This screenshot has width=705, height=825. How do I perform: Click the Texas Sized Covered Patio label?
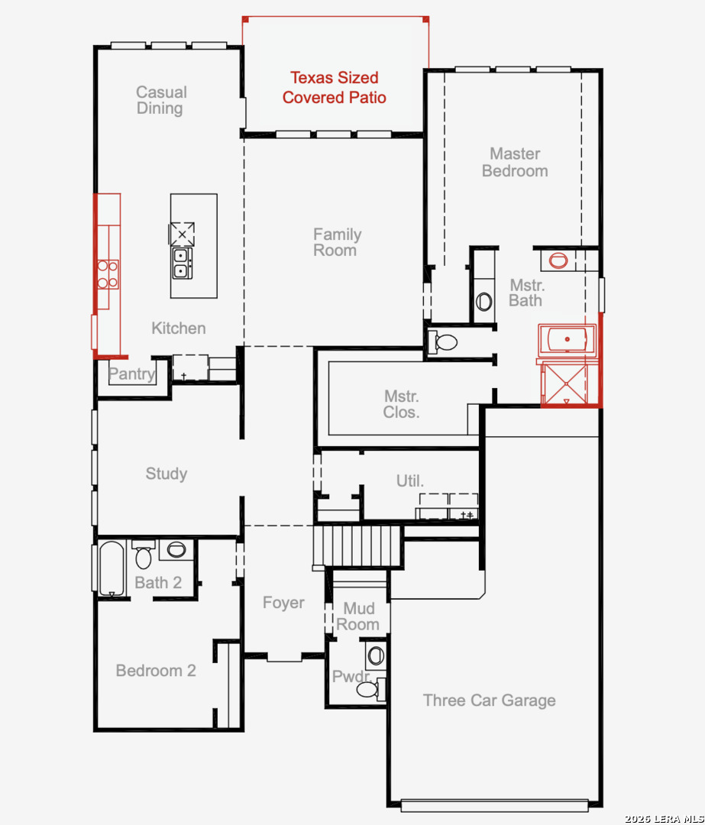pyautogui.click(x=334, y=87)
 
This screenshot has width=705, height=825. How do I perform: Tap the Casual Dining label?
pyautogui.click(x=161, y=100)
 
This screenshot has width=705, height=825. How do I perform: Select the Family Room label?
pyautogui.click(x=337, y=242)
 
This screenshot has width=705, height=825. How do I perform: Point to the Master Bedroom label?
pyautogui.click(x=515, y=162)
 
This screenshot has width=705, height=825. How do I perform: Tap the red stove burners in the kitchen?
pyautogui.click(x=108, y=274)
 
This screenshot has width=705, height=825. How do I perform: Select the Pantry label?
pyautogui.click(x=131, y=374)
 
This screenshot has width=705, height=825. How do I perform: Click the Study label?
pyautogui.click(x=167, y=474)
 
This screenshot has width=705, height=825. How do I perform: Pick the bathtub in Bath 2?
pyautogui.click(x=112, y=568)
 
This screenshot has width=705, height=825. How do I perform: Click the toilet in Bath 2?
pyautogui.click(x=143, y=554)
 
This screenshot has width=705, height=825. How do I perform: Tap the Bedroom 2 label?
pyautogui.click(x=156, y=671)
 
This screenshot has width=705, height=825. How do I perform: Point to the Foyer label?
pyautogui.click(x=283, y=603)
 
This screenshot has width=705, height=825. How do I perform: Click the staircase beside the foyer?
pyautogui.click(x=357, y=545)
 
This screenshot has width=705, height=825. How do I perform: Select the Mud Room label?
pyautogui.click(x=358, y=616)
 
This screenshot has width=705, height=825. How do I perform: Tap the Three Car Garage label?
pyautogui.click(x=490, y=700)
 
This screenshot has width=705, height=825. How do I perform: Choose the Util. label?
pyautogui.click(x=410, y=480)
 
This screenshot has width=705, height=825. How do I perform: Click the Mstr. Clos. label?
pyautogui.click(x=402, y=404)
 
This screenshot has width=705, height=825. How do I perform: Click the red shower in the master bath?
pyautogui.click(x=565, y=384)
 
